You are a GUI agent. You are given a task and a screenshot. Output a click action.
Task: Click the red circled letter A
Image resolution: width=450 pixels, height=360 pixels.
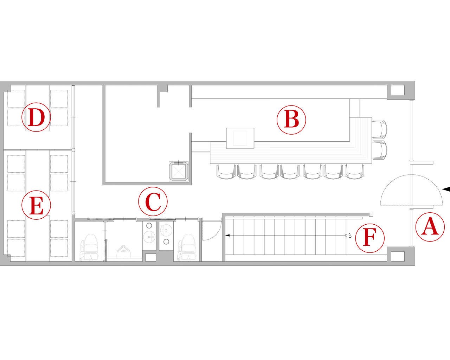click(430, 227)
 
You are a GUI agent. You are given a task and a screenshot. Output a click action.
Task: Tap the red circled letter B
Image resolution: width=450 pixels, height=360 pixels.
click(291, 120)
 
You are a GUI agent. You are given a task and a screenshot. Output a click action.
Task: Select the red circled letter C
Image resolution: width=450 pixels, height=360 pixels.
click(153, 201)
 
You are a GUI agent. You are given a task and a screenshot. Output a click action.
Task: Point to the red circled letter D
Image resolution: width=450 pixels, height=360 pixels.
click(36, 117)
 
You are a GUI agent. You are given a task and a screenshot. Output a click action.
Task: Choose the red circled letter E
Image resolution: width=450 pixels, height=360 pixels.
click(36, 205)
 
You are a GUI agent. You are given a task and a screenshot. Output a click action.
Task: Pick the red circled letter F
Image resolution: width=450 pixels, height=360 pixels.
click(370, 238)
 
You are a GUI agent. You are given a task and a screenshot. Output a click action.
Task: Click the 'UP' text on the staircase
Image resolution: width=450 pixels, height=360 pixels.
click(350, 236)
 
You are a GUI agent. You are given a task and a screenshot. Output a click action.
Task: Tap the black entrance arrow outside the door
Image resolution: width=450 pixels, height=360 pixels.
click(446, 195)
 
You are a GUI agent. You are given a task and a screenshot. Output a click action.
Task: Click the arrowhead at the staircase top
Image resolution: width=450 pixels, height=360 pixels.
click(227, 236)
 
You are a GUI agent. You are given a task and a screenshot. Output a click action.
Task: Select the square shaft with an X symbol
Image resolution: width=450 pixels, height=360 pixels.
click(179, 171)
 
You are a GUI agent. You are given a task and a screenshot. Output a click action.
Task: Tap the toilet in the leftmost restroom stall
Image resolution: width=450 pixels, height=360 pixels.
click(89, 247)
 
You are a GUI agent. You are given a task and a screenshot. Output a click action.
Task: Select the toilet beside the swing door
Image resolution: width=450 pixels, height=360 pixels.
click(187, 247)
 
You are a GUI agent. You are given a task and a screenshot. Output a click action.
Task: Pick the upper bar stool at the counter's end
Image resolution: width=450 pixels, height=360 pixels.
click(380, 129)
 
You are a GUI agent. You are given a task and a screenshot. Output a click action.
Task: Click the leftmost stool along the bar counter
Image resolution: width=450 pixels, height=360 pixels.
click(226, 172)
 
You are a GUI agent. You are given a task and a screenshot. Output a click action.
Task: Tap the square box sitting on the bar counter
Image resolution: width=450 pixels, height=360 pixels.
click(240, 138)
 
